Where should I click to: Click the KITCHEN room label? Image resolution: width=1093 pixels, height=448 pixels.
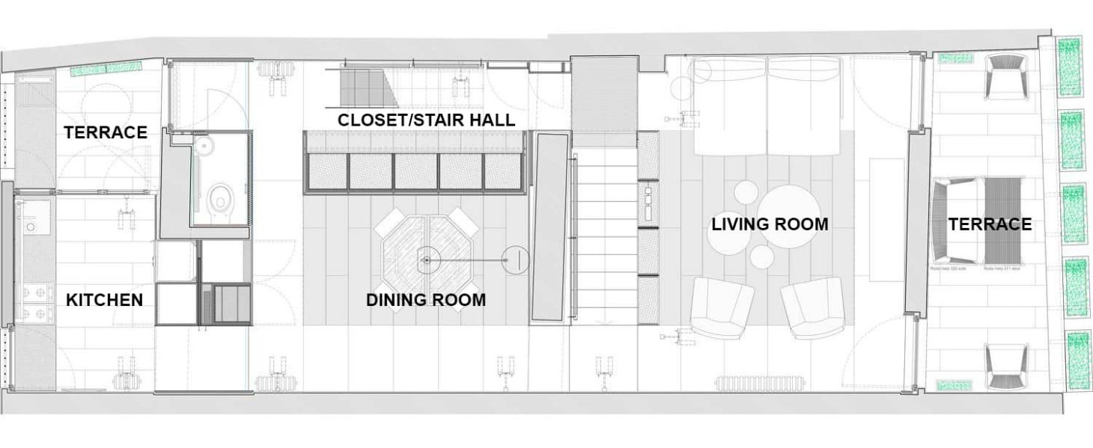[104, 300]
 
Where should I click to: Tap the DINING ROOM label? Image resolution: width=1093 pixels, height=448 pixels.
[425, 300]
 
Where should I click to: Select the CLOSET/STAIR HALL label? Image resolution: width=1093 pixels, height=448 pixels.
[426, 120]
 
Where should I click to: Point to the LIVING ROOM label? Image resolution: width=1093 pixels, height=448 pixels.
[770, 224]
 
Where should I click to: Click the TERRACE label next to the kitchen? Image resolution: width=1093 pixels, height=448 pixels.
[105, 132]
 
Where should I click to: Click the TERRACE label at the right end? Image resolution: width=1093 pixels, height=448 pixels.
[990, 224]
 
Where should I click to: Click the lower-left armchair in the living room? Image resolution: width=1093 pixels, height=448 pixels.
[722, 307]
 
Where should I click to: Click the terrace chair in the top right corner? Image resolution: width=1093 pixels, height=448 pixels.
[1008, 77]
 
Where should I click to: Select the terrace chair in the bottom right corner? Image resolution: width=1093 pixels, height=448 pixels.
[1008, 366]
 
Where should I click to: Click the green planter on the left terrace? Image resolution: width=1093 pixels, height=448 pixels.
[100, 70]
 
